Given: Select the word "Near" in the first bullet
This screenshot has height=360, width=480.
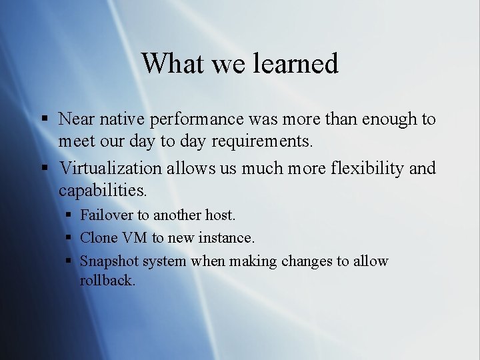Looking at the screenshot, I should tap(76, 119).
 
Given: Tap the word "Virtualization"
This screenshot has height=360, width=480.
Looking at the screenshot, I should tap(110, 168).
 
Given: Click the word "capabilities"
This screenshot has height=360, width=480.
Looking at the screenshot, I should tap(102, 191).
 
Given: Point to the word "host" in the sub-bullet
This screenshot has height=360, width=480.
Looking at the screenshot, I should tap(221, 215).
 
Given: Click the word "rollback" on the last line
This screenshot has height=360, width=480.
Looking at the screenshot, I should tap(107, 280).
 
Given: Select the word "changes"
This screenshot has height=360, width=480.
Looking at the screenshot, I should tap(307, 261).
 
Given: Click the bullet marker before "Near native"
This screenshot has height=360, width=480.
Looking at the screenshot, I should tap(44, 120).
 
